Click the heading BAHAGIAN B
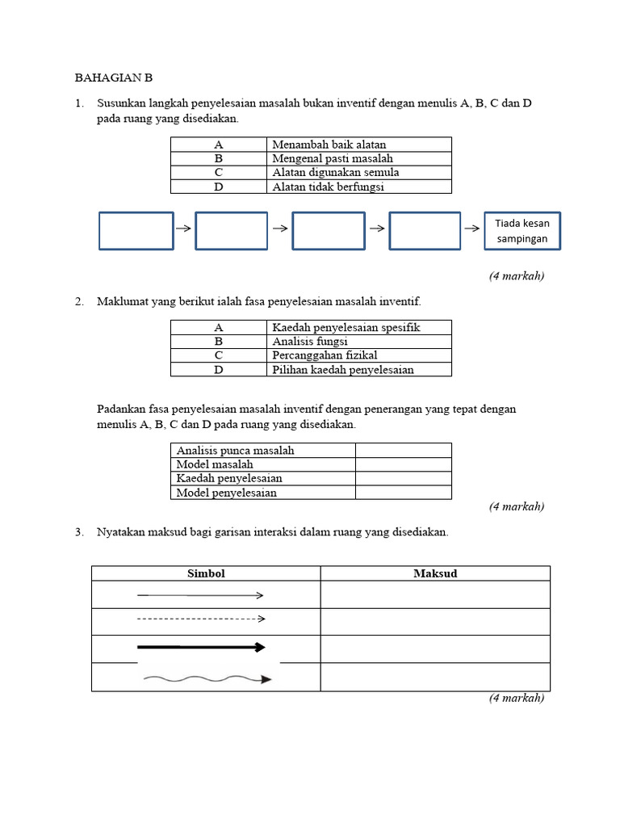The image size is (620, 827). pyautogui.click(x=113, y=78)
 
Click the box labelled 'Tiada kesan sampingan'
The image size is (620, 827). pyautogui.click(x=522, y=231)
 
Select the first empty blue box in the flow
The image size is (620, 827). pyautogui.click(x=136, y=231)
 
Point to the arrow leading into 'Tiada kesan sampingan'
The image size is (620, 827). pyautogui.click(x=472, y=229)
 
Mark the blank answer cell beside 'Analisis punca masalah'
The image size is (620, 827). pyautogui.click(x=403, y=450)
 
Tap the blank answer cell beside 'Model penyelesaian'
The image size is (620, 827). pyautogui.click(x=403, y=493)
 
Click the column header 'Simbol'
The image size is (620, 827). pyautogui.click(x=206, y=573)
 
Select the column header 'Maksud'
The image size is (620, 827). pyautogui.click(x=435, y=573)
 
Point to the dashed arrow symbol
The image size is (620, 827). pyautogui.click(x=201, y=619)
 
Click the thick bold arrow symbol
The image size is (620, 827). pyautogui.click(x=201, y=647)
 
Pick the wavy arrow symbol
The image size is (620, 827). pyautogui.click(x=207, y=679)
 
